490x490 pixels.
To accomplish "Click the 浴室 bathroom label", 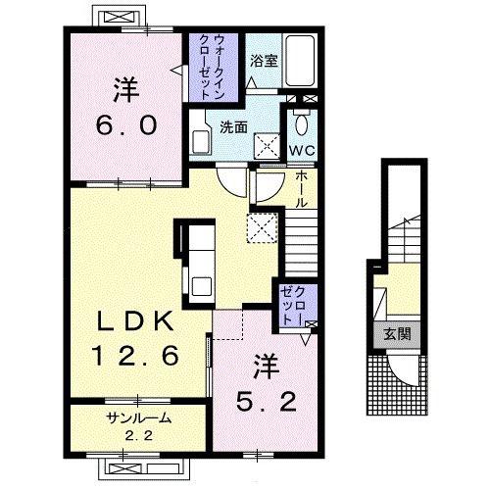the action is click(264, 61).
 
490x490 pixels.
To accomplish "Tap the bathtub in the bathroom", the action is click(300, 61).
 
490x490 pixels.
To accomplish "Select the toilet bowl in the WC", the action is click(301, 124).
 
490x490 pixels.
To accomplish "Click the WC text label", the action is click(302, 151).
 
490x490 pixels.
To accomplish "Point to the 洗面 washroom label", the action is click(233, 127).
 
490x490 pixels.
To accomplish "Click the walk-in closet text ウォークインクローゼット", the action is click(212, 67).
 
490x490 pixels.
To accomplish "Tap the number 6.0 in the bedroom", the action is click(126, 125).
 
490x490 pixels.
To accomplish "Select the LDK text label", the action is click(135, 321).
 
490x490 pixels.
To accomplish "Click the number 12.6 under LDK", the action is click(135, 356).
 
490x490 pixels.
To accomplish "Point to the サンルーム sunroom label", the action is click(139, 418).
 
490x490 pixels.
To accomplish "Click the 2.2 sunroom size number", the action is click(139, 436).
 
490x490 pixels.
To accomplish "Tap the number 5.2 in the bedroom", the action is click(267, 402).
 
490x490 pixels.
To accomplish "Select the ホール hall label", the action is click(302, 189).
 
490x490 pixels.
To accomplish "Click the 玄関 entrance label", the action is click(397, 334).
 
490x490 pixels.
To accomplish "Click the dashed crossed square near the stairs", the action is click(263, 227).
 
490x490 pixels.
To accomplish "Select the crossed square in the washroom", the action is click(267, 146).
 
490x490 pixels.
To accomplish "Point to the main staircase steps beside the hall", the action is click(301, 242).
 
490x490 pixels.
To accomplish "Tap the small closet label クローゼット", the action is click(295, 306).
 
